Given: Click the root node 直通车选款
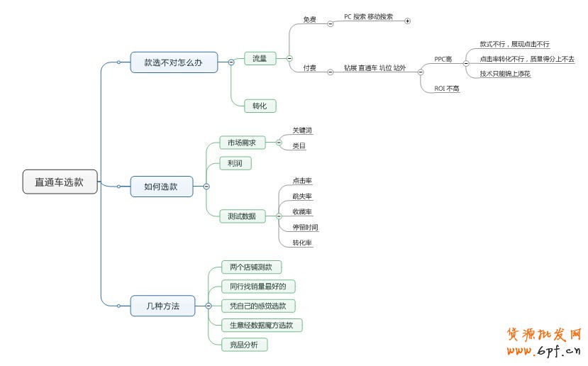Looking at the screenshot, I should pos(60,182).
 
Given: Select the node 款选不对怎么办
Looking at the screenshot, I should pos(174,62).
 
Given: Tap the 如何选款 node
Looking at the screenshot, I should pos(161,187).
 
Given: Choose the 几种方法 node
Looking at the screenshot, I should pos(162,306).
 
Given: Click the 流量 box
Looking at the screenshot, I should pos(260,59).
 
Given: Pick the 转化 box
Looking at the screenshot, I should pos(260,106).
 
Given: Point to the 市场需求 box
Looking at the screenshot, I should pos(242,143).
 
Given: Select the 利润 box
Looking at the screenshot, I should pos(235,163).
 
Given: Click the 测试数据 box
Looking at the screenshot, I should pos(241,216).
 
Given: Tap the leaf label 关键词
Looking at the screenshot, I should pos(302,131).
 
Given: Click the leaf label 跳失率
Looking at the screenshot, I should pos(302,196).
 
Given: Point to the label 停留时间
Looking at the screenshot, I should pos(305,228).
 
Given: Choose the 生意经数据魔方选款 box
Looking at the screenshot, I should pos(262,325).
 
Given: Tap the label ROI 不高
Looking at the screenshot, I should pos(447,89).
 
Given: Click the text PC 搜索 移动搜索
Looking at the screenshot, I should pos(368,16).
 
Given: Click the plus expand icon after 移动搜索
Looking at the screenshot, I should pos(407,21).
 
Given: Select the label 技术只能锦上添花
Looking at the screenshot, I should pos(505,73).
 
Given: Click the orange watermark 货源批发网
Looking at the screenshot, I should pos(544,335).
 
